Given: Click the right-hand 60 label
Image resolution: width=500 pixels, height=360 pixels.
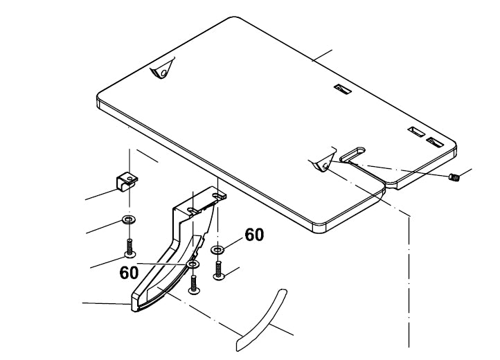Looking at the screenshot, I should [x=254, y=235].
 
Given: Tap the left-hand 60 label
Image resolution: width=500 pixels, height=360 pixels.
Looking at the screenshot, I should [x=129, y=272].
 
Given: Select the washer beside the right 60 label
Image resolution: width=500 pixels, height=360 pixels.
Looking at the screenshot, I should [x=217, y=249].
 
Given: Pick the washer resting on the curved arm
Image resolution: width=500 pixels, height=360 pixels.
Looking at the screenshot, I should [x=193, y=264].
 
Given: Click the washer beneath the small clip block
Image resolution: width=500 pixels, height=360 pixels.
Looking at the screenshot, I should [x=129, y=220].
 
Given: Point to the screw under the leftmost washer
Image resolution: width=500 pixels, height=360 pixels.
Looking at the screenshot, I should [x=130, y=248].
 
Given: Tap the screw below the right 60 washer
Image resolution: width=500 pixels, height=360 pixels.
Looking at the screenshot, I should [x=219, y=270].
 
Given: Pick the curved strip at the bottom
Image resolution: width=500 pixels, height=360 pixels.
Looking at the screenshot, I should [x=261, y=316].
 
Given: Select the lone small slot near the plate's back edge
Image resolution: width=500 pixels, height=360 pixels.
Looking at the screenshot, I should [x=339, y=89].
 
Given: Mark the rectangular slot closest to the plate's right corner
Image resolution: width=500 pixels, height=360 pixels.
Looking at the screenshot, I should [x=435, y=142].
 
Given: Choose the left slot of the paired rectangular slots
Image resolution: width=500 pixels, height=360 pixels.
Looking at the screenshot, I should [x=417, y=132].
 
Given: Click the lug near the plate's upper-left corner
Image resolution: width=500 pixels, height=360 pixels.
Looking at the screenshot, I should [x=161, y=71].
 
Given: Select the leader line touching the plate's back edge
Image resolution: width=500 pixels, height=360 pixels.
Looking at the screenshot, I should [x=323, y=55].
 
